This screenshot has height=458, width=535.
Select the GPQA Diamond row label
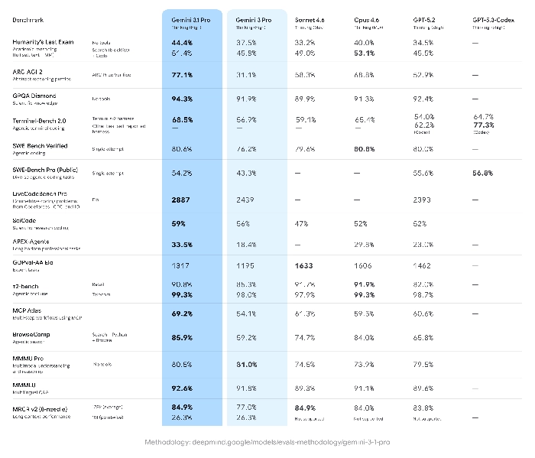[x=36, y=96]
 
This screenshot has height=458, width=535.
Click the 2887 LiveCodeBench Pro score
[x=181, y=200]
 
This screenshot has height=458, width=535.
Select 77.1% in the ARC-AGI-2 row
[x=182, y=76]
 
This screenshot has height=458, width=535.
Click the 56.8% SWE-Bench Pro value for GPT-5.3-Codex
[x=486, y=173]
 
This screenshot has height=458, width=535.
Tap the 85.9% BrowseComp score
[x=182, y=336]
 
